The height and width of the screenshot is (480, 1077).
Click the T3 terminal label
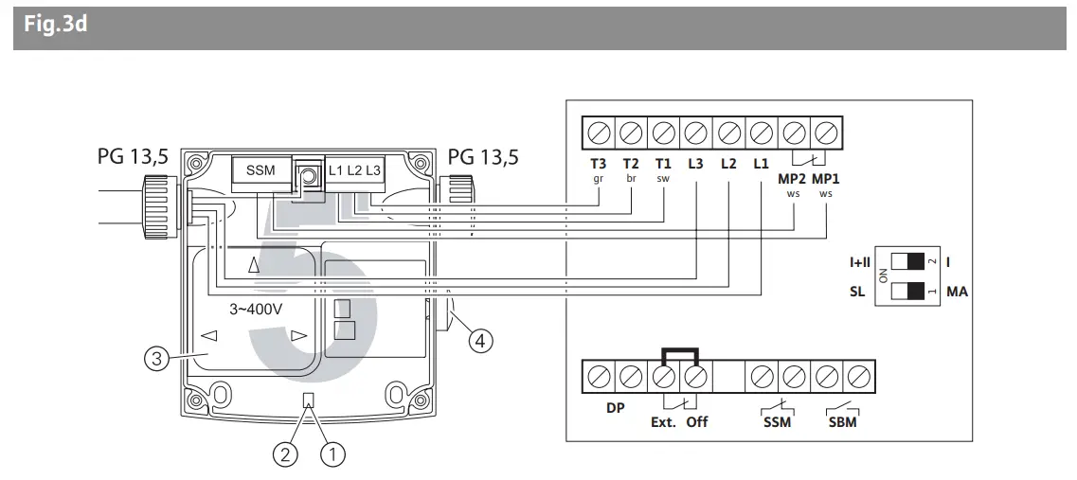click(598, 164)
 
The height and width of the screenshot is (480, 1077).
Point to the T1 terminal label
click(663, 164)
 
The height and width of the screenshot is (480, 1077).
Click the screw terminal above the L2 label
click(728, 131)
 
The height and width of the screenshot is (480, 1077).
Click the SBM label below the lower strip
click(841, 421)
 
